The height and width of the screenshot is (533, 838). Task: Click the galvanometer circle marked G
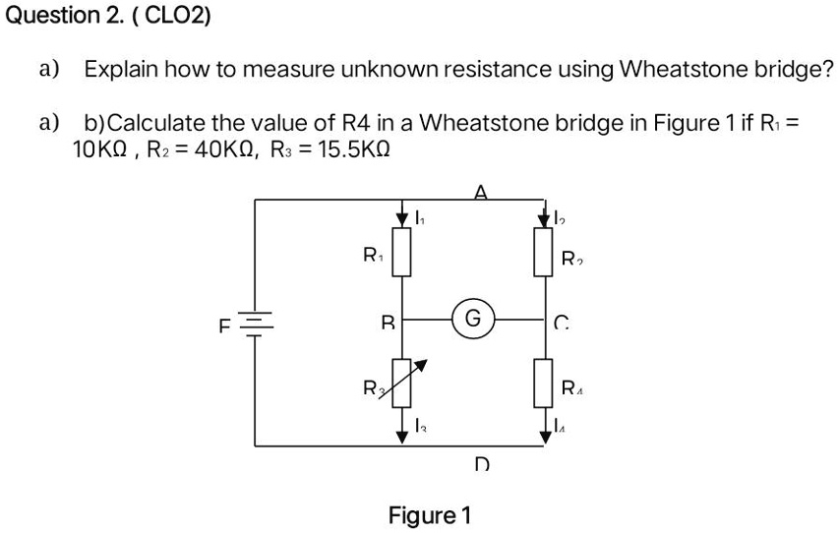472,319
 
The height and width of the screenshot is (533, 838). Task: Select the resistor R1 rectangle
402,253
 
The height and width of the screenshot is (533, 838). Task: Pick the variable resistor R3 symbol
402,385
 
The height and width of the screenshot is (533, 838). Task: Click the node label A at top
480,193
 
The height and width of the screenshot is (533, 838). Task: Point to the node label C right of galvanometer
561,321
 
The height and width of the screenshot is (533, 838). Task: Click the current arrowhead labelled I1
402,216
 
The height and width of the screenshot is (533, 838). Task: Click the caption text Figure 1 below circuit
430,515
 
